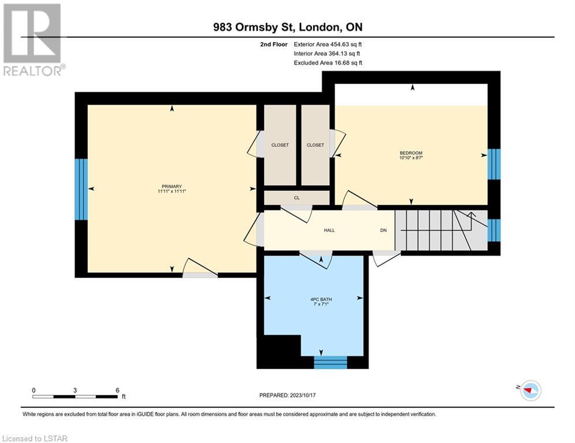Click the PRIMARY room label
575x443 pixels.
tap(172, 186)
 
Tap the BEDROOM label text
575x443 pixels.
tap(411, 153)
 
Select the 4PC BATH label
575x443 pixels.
tap(321, 299)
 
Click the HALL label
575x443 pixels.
tap(329, 230)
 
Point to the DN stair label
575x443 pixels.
tap(383, 230)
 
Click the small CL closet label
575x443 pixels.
tap(296, 198)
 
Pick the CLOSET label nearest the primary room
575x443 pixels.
tap(280, 145)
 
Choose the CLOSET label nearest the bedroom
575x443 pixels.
tap(316, 145)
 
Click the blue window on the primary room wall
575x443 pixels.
tap(81, 189)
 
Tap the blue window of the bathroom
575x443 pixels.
tap(331, 362)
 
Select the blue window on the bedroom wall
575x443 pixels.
tap(494, 164)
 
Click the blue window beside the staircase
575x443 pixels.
tap(494, 230)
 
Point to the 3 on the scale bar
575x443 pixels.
tap(75, 391)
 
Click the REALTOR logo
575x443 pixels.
tap(34, 40)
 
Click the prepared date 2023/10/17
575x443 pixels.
tap(303, 395)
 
